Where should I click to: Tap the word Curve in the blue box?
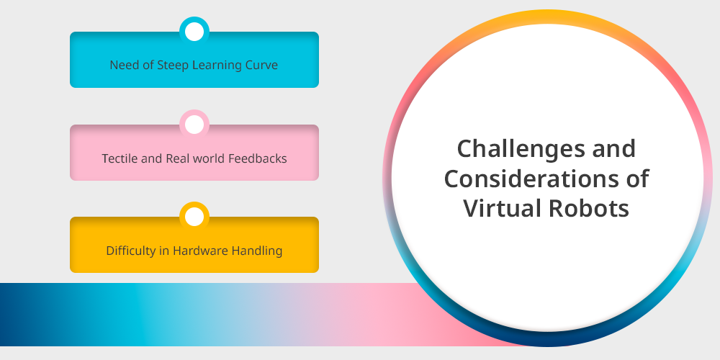click(x=262, y=66)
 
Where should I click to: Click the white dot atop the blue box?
click(x=194, y=32)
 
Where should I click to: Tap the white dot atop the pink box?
click(x=194, y=125)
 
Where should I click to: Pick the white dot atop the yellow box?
click(x=194, y=217)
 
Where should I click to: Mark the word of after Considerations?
click(x=637, y=178)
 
